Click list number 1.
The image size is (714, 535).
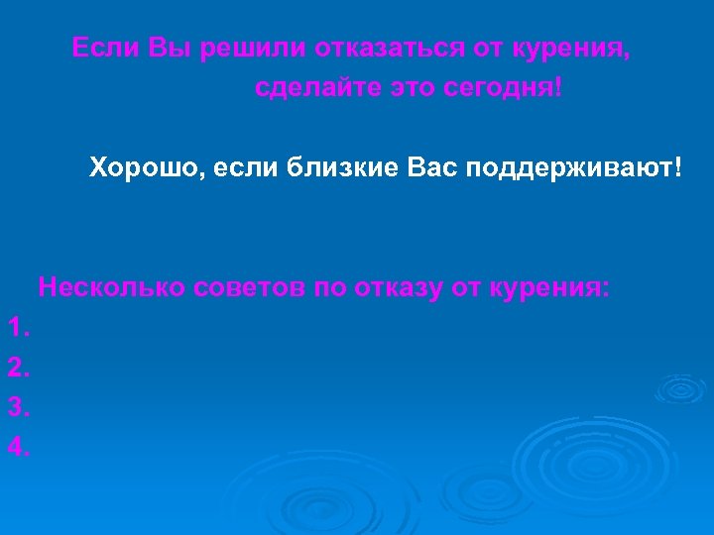tap(19, 328)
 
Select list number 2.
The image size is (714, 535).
tap(19, 368)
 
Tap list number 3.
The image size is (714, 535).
tap(19, 407)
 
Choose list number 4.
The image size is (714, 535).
tap(19, 447)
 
